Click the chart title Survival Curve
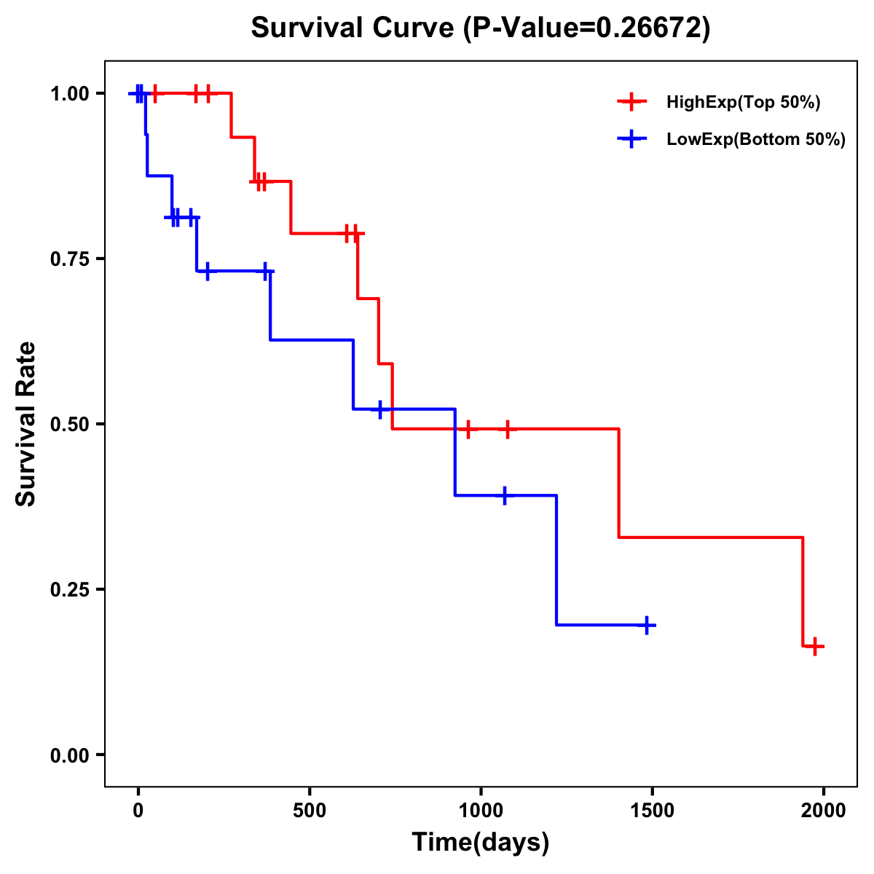[480, 28]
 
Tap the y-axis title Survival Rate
[26, 424]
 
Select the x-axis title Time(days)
[480, 842]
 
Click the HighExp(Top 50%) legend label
[743, 103]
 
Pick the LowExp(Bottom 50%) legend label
[756, 140]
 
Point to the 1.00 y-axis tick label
[69, 94]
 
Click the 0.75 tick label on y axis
[69, 259]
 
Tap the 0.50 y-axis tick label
[69, 425]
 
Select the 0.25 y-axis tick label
[69, 590]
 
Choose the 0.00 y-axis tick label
[69, 755]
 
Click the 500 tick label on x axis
[310, 811]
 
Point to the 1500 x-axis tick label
[653, 811]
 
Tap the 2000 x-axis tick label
[824, 811]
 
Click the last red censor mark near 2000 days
[815, 646]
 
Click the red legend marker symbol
[631, 102]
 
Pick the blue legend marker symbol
[631, 139]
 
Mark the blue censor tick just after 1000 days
[504, 495]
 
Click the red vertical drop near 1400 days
[618, 483]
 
